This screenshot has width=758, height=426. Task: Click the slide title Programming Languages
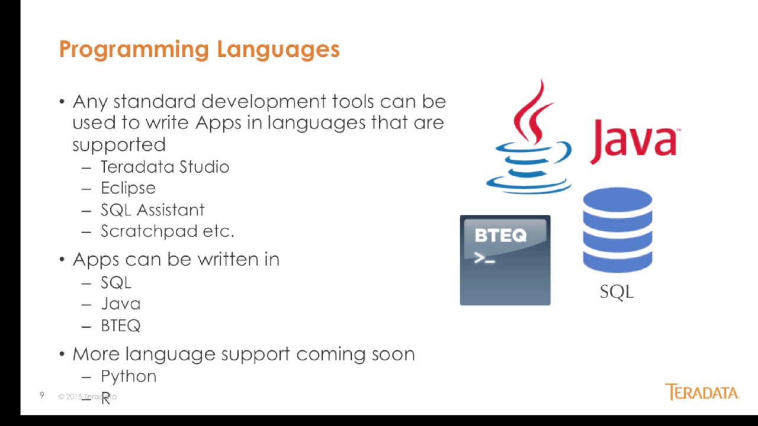199,49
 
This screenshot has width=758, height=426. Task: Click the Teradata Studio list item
165,167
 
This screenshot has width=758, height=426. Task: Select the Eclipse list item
128,189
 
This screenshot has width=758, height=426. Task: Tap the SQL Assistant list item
152,210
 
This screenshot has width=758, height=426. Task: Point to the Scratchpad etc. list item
167,231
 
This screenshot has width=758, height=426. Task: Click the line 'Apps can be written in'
175,260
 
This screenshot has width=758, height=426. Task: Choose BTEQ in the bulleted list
120,326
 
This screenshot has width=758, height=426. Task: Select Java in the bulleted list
120,304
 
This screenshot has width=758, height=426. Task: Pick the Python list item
129,376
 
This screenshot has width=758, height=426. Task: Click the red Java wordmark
634,141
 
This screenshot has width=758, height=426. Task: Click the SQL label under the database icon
616,292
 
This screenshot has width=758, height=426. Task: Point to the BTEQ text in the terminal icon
500,236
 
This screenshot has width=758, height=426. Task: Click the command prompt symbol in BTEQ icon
484,259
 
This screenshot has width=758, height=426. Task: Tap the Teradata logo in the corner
702,392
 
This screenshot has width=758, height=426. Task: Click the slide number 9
41,395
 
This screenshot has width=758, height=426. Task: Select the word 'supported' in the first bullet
119,145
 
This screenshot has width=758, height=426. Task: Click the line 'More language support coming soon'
243,354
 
